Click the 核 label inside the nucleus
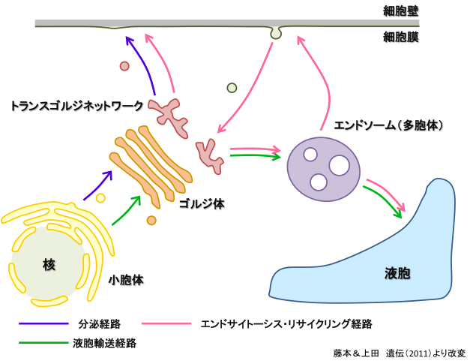(x=49, y=264)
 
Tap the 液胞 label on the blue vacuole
(x=397, y=273)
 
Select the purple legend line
(x=43, y=323)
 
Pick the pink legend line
(x=166, y=323)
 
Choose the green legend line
(x=43, y=342)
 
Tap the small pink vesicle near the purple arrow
(x=124, y=66)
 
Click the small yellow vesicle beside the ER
(x=100, y=198)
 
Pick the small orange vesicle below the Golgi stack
(x=151, y=221)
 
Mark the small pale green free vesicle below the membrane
(x=232, y=88)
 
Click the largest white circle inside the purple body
(x=339, y=165)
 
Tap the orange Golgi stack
(x=150, y=165)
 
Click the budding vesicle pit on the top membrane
(x=276, y=33)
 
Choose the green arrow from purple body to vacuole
(x=382, y=202)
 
